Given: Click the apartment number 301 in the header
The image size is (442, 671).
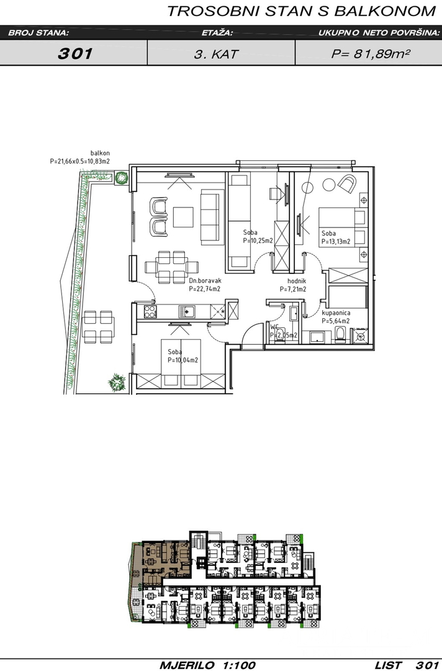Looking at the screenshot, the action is (75, 53).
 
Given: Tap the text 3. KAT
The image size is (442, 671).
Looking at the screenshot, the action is (216, 54).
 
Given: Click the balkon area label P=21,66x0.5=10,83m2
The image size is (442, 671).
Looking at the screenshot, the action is (80, 162).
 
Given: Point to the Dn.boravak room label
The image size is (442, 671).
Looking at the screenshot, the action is (205, 281).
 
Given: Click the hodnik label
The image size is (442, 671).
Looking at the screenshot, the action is (297, 281).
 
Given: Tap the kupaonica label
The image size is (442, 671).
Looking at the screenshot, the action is (336, 313).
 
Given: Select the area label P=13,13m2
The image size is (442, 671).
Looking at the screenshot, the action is (336, 241).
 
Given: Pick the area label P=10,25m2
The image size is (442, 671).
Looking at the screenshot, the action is (258, 240).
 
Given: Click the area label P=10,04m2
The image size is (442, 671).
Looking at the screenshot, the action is (183, 360).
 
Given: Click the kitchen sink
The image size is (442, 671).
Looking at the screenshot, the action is (187, 311).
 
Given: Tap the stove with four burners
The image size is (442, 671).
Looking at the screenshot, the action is (150, 311).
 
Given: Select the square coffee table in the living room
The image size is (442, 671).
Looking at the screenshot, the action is (183, 217).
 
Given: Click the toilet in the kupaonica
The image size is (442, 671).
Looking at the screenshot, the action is (340, 335).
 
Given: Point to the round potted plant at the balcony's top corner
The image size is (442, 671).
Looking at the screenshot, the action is (122, 176).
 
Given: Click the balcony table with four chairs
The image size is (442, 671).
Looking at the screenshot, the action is (98, 327).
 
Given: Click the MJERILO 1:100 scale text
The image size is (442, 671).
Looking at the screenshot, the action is (207, 665).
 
